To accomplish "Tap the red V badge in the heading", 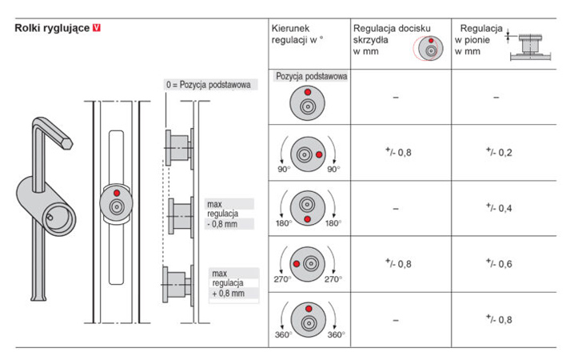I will (x=97, y=27).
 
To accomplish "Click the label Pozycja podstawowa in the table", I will (x=310, y=77).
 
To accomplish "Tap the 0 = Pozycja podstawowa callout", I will (x=209, y=84).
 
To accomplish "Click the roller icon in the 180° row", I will (x=307, y=206).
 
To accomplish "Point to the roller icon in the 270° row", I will (x=307, y=262).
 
